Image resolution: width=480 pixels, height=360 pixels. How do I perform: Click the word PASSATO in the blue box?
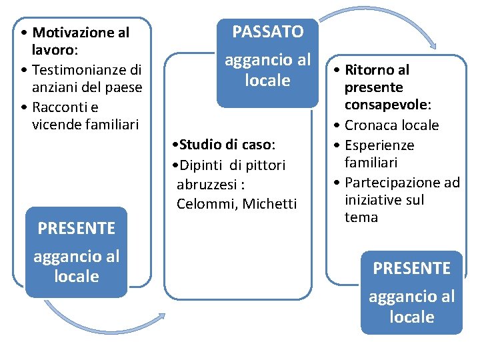tap(267, 31)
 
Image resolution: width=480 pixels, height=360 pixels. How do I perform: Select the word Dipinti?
tap(199, 165)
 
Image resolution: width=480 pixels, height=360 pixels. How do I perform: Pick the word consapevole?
tap(386, 105)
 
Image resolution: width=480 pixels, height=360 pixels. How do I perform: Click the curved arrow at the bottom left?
tap(103, 321)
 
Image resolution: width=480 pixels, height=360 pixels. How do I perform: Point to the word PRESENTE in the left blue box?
tap(76, 228)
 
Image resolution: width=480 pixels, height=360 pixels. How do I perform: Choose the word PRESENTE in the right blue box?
tap(411, 268)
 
